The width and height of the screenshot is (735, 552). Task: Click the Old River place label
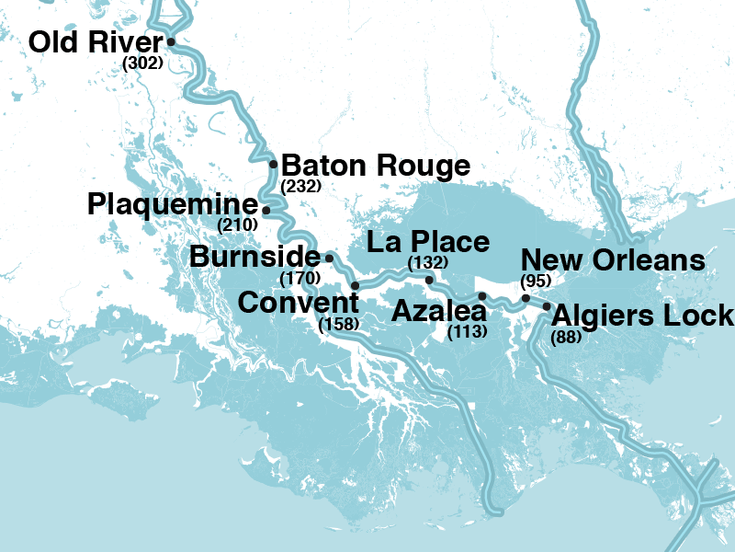[95, 43]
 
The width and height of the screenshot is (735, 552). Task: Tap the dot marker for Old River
[170, 41]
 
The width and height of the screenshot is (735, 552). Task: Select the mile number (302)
[142, 63]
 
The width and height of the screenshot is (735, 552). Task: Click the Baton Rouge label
[375, 167]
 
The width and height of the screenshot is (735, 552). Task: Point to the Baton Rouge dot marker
[274, 165]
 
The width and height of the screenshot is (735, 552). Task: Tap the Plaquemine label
[173, 204]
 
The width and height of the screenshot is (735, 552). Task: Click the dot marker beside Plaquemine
[266, 210]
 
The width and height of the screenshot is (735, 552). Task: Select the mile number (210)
[237, 224]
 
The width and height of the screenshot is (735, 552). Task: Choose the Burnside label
[254, 257]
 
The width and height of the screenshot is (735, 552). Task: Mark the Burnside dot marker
[329, 259]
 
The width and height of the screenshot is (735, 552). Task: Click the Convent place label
[298, 302]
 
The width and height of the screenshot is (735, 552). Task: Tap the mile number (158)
[338, 324]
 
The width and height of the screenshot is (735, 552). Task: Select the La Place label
[428, 242]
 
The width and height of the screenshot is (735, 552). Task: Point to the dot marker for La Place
[429, 279]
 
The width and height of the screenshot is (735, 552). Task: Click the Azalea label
[438, 311]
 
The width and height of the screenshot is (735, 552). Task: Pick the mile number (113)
[467, 332]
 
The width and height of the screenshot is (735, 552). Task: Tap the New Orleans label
[613, 260]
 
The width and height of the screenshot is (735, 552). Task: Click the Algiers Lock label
[643, 316]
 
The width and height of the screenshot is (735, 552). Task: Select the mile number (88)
[566, 338]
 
